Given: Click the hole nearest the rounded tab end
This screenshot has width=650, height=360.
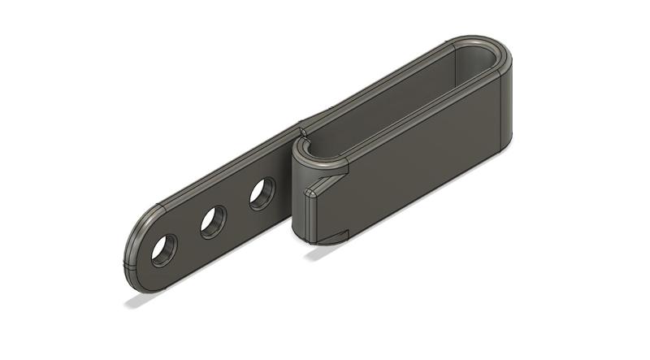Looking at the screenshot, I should [x=164, y=249].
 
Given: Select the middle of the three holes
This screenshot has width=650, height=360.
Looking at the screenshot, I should [x=213, y=221].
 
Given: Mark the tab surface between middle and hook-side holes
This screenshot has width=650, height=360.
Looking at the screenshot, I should [x=238, y=209].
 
